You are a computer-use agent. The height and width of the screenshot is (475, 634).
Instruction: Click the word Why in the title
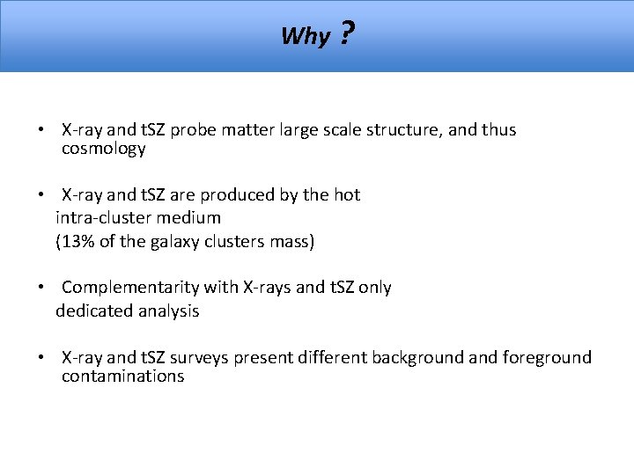point(306,37)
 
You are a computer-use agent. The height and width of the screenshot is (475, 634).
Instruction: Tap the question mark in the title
point(346,34)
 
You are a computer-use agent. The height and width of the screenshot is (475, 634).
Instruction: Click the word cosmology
point(103,150)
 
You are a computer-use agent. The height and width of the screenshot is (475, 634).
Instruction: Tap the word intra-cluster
point(104,216)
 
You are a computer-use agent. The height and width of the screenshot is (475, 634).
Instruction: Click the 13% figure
point(77,242)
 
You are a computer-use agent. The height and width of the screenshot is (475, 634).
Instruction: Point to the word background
point(413,357)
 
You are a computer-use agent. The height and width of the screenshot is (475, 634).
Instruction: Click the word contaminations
point(122,376)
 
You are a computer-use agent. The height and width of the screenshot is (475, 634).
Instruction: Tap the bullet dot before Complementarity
point(41,288)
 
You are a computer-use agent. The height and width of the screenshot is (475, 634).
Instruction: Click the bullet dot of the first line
point(41,131)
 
